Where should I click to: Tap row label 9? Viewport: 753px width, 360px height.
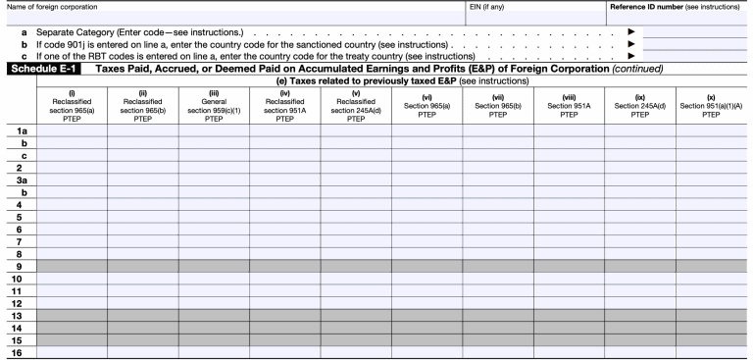18,266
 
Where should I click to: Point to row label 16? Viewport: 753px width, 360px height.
18,351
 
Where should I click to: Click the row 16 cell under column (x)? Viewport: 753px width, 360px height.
711,351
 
